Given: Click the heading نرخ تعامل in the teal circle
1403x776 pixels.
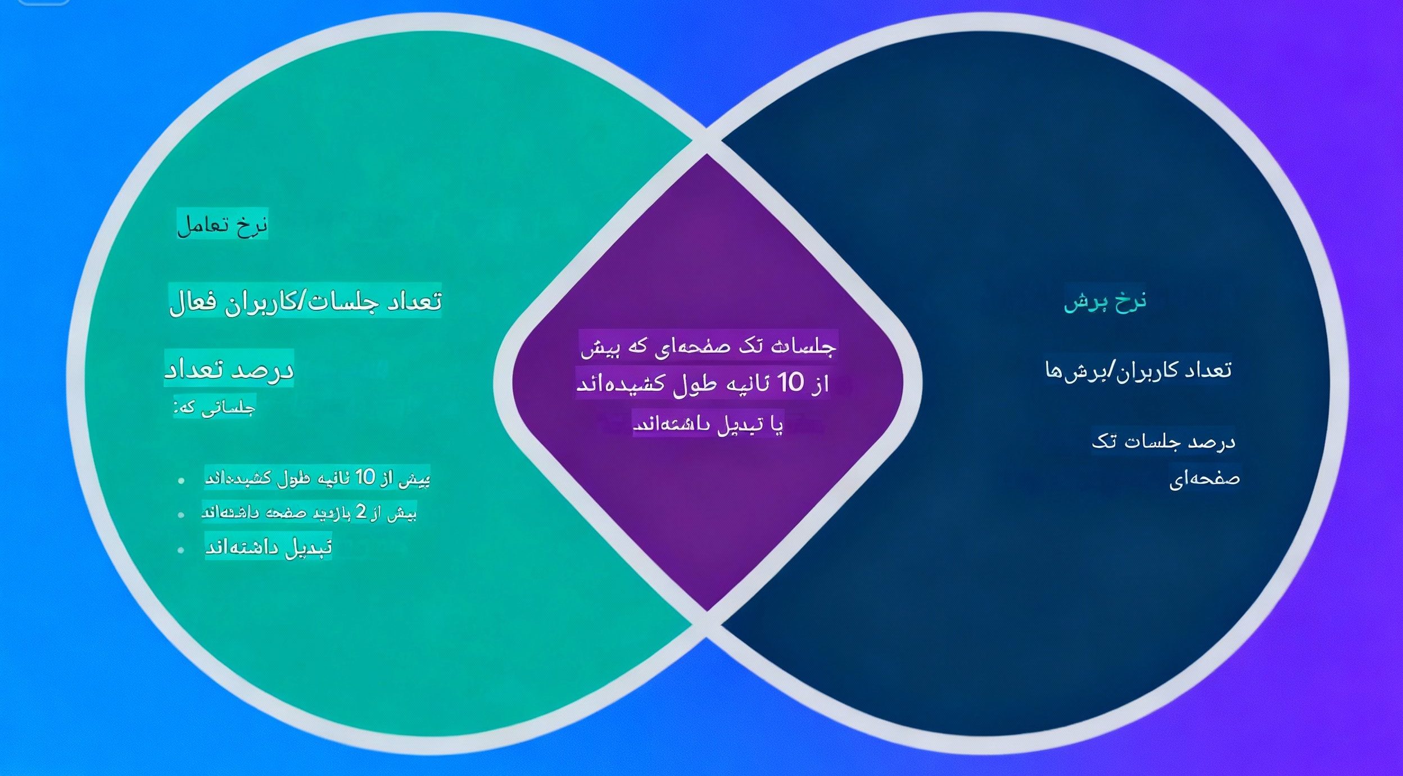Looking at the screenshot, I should tap(222, 225).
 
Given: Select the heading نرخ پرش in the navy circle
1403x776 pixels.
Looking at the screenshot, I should tap(1105, 301).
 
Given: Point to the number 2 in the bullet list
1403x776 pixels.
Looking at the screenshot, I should tap(361, 512).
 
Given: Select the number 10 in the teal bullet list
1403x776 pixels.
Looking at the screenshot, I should tap(365, 477).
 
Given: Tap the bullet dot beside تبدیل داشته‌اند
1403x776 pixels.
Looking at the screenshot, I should tap(180, 549).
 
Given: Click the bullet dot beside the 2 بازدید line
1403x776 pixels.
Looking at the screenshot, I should tap(180, 515).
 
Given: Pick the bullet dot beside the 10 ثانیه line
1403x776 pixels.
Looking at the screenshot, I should tap(180, 480).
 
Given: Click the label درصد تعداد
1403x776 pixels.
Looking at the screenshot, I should tap(229, 369).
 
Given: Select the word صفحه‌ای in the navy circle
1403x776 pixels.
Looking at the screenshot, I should tap(1204, 479).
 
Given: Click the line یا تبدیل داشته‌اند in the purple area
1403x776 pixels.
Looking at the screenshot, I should tap(708, 424).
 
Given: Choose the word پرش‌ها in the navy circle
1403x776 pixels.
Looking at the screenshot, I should tap(1071, 371).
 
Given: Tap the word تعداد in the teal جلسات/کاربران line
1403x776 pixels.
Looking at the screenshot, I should tap(414, 302).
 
